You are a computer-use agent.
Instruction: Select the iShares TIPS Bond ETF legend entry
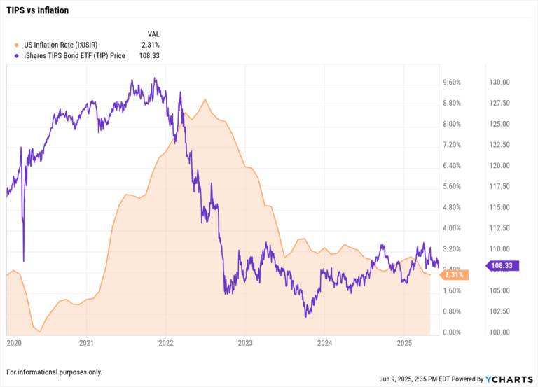tap(74, 56)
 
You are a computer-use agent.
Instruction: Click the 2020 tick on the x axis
tap(14, 344)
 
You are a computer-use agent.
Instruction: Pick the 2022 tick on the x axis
tap(166, 344)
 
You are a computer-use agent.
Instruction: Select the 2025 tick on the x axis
tap(403, 344)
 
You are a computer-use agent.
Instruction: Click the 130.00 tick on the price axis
tap(499, 83)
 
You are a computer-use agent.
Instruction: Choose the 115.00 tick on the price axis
tap(499, 207)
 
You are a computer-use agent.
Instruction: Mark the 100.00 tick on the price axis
tap(499, 332)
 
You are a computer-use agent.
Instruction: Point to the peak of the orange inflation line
tap(205, 99)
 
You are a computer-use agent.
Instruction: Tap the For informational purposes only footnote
tap(54, 372)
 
